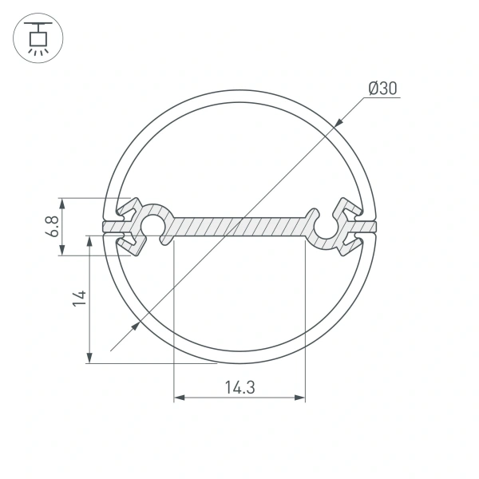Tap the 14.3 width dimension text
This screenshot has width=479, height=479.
tap(239, 388)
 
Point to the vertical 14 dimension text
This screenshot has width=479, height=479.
tap(77, 299)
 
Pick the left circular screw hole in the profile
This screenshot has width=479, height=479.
tap(152, 227)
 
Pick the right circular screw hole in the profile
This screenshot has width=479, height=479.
tap(327, 227)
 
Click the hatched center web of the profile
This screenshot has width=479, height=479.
tap(239, 227)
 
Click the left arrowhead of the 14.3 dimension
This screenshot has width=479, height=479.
tap(178, 397)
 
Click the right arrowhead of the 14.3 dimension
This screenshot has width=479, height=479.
tap(301, 397)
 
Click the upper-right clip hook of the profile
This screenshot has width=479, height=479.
tap(352, 209)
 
